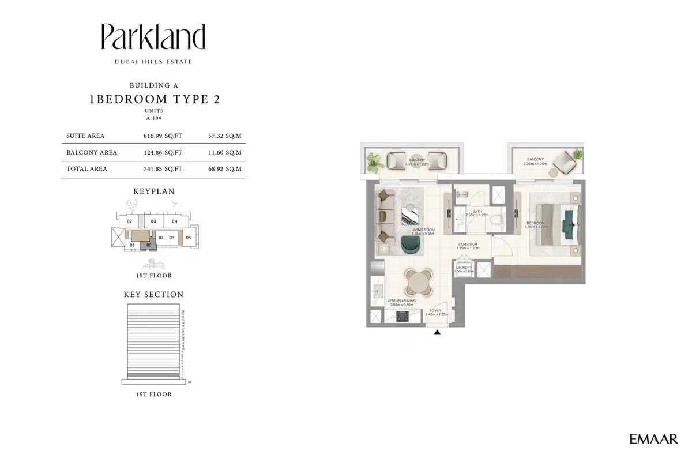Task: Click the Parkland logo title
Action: click(x=153, y=37)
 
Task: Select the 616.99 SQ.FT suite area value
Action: click(x=163, y=136)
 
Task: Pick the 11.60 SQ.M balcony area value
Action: click(x=224, y=153)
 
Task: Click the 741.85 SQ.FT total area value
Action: click(x=163, y=169)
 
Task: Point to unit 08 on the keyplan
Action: click(x=149, y=246)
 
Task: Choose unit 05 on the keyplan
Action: click(x=188, y=237)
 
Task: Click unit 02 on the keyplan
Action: click(x=130, y=221)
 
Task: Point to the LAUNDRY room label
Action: click(x=464, y=268)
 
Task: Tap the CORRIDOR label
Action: click(x=468, y=245)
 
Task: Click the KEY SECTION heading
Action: click(x=153, y=295)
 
